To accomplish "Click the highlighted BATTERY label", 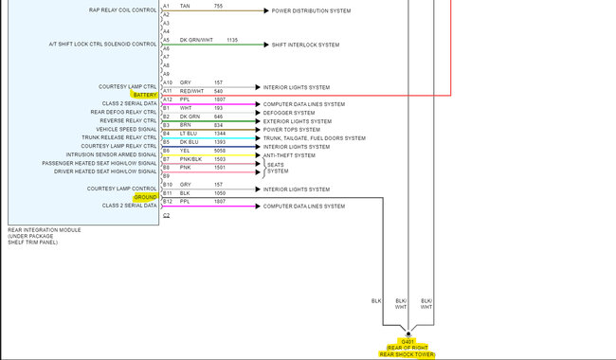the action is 145,95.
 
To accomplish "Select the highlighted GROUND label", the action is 145,197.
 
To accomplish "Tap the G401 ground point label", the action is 408,341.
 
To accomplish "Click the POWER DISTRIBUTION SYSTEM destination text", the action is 311,10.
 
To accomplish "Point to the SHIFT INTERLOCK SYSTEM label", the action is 305,45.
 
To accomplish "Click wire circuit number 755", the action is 218,6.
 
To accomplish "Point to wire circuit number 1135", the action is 232,40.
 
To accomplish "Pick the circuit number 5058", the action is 220,151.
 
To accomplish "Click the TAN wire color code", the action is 185,6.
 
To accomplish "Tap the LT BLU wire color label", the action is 188,134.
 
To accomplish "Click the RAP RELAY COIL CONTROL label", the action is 123,10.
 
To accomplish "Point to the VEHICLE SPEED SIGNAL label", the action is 127,130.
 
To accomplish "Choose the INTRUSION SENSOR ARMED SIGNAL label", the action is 112,155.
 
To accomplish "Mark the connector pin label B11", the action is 166,193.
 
